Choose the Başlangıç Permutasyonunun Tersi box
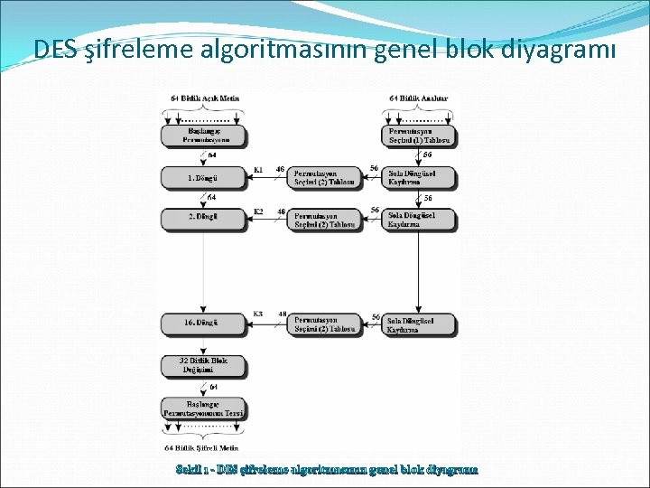tap(202, 408)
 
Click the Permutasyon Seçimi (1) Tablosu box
tap(419, 136)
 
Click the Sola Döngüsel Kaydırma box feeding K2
tap(419, 219)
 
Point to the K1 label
tap(258, 169)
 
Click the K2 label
tap(258, 211)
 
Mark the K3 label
tap(258, 314)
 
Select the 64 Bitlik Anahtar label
tap(419, 98)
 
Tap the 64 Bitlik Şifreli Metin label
tap(202, 447)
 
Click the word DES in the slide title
tap(53, 49)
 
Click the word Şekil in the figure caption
tap(190, 469)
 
